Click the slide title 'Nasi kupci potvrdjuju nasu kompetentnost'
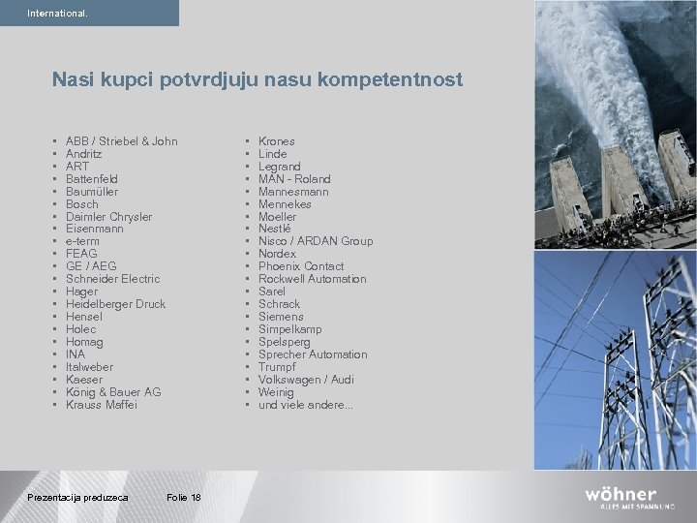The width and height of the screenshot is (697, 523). click(x=258, y=78)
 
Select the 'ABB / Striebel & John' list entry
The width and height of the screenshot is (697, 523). click(x=121, y=141)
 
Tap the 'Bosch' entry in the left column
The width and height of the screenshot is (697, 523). click(x=82, y=204)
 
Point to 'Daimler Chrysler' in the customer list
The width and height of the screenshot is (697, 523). click(x=108, y=217)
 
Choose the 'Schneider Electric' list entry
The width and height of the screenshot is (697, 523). click(x=112, y=279)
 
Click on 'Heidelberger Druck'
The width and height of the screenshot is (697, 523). click(x=115, y=304)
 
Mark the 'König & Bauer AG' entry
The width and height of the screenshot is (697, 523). click(x=113, y=392)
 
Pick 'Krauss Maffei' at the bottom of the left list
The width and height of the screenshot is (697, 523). click(x=102, y=405)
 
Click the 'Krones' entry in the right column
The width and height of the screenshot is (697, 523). click(x=277, y=141)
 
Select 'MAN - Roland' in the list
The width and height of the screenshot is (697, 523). click(x=294, y=179)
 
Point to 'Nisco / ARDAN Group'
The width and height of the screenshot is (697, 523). click(x=315, y=241)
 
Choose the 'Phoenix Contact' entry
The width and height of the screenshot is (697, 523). click(x=301, y=266)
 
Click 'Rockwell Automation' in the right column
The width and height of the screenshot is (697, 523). click(x=312, y=279)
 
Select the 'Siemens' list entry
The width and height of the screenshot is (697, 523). click(x=281, y=317)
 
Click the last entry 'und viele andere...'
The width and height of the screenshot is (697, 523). click(x=305, y=405)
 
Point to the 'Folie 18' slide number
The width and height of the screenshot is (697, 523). click(x=183, y=498)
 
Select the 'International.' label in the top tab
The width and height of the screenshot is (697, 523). click(x=57, y=14)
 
